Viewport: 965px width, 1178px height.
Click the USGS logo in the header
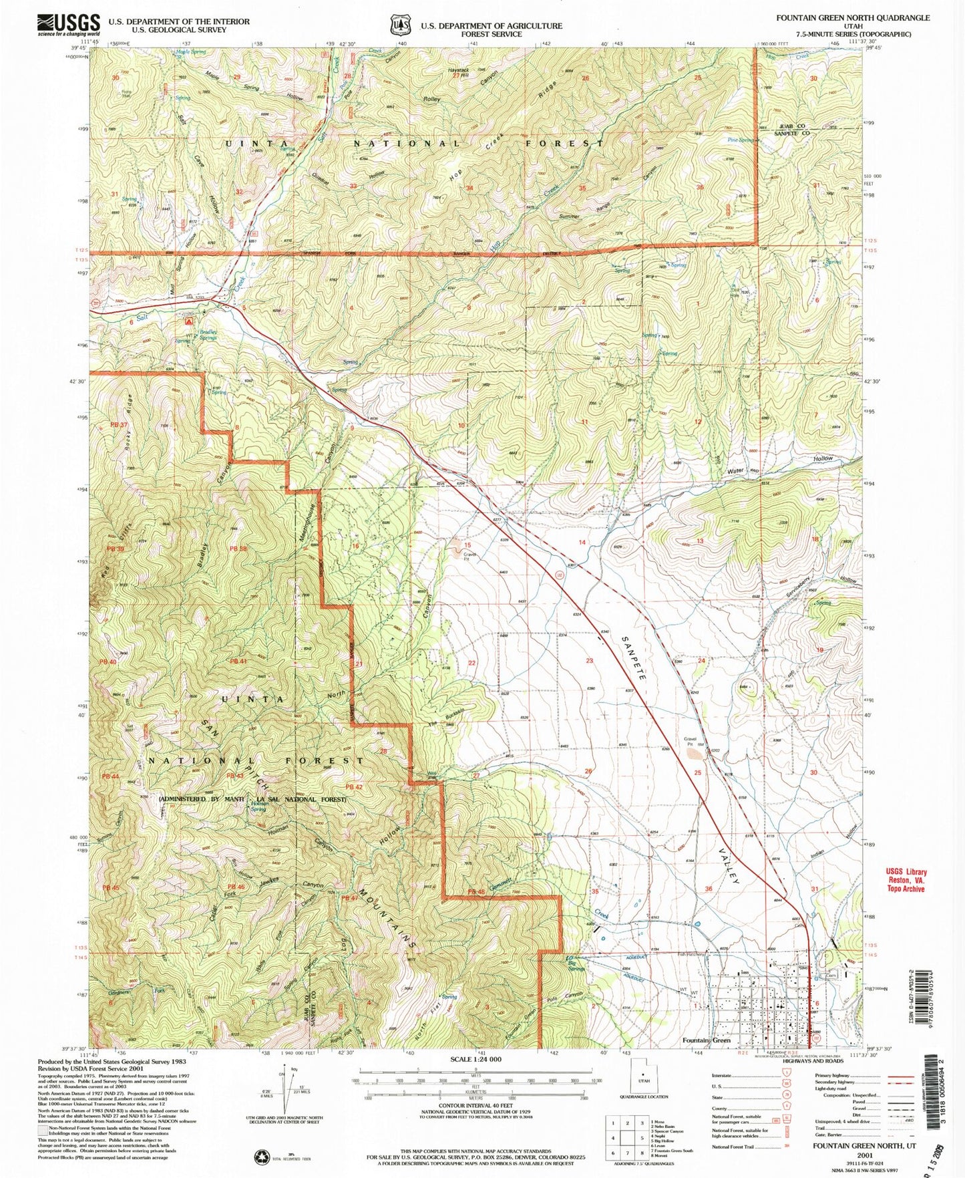69,25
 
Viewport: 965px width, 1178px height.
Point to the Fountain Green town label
707,1040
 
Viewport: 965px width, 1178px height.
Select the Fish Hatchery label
690,954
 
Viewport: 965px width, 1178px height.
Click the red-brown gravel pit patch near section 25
695,754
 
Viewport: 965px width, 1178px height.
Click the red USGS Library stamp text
906,880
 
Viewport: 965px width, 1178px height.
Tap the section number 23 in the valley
590,661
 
